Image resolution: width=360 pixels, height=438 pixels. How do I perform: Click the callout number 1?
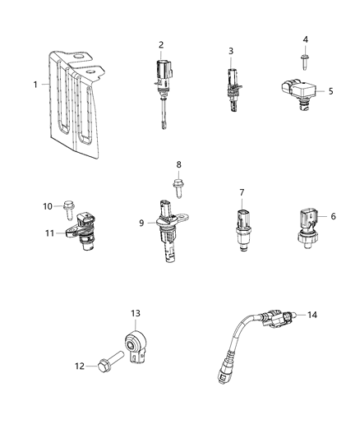[x=35, y=84]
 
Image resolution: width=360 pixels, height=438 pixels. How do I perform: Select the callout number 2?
[x=161, y=44]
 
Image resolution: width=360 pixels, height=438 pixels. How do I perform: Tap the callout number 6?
[x=334, y=216]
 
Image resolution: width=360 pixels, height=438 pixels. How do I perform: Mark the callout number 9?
[x=141, y=222]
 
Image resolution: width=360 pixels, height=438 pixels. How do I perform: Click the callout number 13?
[x=136, y=313]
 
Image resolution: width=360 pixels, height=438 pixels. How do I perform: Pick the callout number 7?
[x=242, y=192]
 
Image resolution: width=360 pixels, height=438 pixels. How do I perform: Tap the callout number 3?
[x=231, y=51]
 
